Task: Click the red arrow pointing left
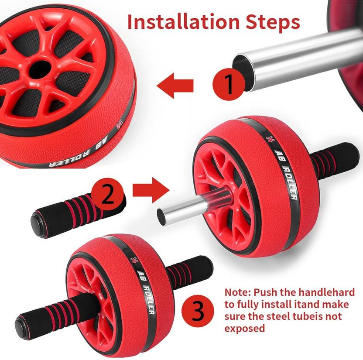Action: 175,85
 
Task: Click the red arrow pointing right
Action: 150,189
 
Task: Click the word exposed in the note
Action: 244,328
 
